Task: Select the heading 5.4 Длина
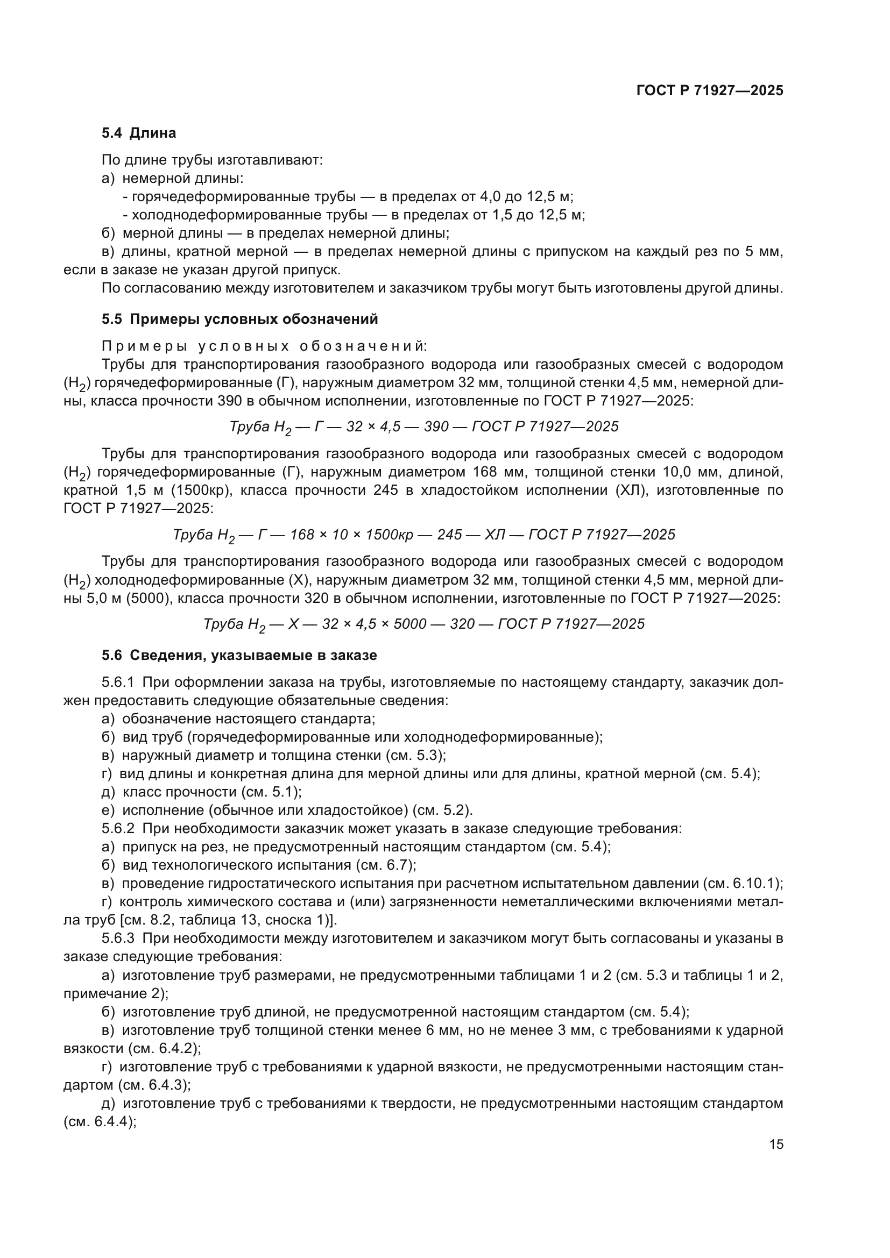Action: (139, 133)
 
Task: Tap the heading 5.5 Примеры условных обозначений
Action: (239, 319)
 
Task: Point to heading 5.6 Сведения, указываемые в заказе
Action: (239, 655)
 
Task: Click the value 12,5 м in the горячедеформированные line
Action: (550, 197)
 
